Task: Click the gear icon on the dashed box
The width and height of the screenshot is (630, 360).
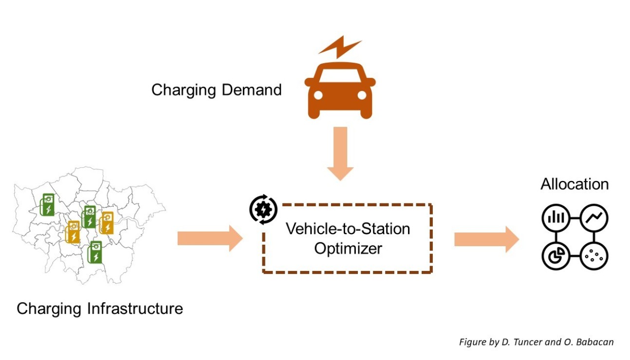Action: pos(263,209)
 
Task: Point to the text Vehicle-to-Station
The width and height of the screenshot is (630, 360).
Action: pos(348,229)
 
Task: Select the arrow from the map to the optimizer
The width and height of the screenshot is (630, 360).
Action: pos(209,238)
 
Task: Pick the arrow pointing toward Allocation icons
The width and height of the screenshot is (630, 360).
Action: pos(486,239)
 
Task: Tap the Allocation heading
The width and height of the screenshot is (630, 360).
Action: pos(574,184)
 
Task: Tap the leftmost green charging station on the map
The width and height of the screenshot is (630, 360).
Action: pos(47,204)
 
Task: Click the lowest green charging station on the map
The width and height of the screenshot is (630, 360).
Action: pos(95,252)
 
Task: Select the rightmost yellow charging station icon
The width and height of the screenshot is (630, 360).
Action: pos(107,223)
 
